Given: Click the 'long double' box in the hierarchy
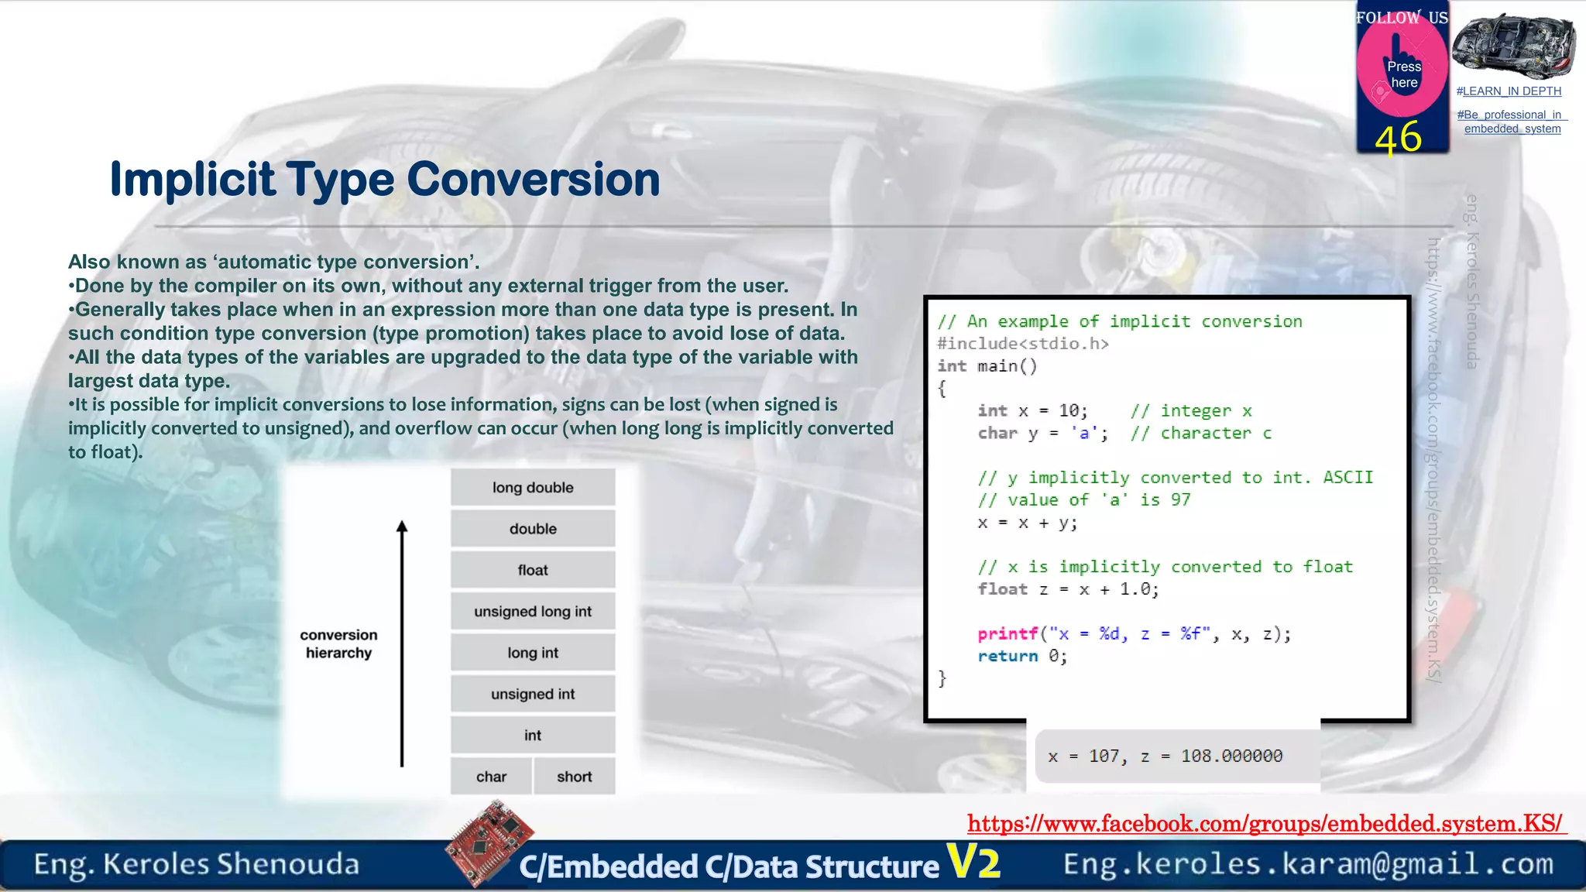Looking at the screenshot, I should (533, 487).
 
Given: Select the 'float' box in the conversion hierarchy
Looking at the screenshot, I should (533, 570).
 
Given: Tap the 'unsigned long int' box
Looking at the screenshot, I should (533, 612).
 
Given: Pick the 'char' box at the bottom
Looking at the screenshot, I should (491, 777).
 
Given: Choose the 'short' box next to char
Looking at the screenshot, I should (574, 777).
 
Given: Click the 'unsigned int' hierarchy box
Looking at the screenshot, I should (533, 694).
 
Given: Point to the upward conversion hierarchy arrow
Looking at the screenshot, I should (401, 643).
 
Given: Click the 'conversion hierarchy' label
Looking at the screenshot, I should (338, 643).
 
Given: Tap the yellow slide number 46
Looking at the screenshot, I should (1398, 138).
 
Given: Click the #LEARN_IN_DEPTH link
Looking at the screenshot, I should (1509, 91).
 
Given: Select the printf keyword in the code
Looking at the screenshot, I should (1007, 633).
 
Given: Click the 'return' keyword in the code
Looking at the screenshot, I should (1007, 656).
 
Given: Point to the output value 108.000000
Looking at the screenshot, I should (1231, 756).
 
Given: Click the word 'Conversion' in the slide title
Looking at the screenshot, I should (533, 179).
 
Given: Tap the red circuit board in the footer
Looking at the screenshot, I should (489, 843).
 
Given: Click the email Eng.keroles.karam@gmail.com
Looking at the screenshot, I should (1308, 863).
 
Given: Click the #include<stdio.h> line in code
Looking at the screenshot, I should (1022, 344).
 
